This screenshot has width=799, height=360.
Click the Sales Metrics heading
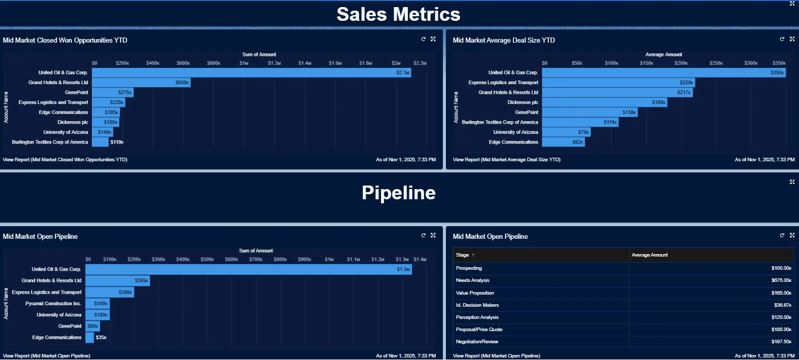pyautogui.click(x=398, y=14)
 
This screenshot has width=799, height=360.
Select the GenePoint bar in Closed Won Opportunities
pyautogui.click(x=112, y=92)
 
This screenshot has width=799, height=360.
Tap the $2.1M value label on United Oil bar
pyautogui.click(x=403, y=73)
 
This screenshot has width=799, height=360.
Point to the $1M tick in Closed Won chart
pyautogui.click(x=244, y=63)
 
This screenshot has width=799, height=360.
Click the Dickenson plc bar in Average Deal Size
pyautogui.click(x=604, y=102)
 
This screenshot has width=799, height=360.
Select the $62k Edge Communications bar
pyautogui.click(x=563, y=142)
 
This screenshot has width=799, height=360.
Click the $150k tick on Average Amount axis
pyautogui.click(x=646, y=63)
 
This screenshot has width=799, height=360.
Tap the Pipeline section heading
pyautogui.click(x=398, y=193)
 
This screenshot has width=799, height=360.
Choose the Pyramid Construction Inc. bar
pyautogui.click(x=97, y=304)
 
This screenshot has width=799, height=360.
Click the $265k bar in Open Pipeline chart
pyautogui.click(x=117, y=280)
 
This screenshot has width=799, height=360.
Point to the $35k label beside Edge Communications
pyautogui.click(x=101, y=338)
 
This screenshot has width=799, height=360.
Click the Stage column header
pyautogui.click(x=462, y=255)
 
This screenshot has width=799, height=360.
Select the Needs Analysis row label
pyautogui.click(x=472, y=280)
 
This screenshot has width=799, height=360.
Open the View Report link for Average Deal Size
pyautogui.click(x=506, y=160)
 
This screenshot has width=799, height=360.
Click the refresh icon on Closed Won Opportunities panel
pyautogui.click(x=423, y=39)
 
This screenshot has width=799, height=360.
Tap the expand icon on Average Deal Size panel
pyautogui.click(x=792, y=39)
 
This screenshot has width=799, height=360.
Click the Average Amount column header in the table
pyautogui.click(x=649, y=255)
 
